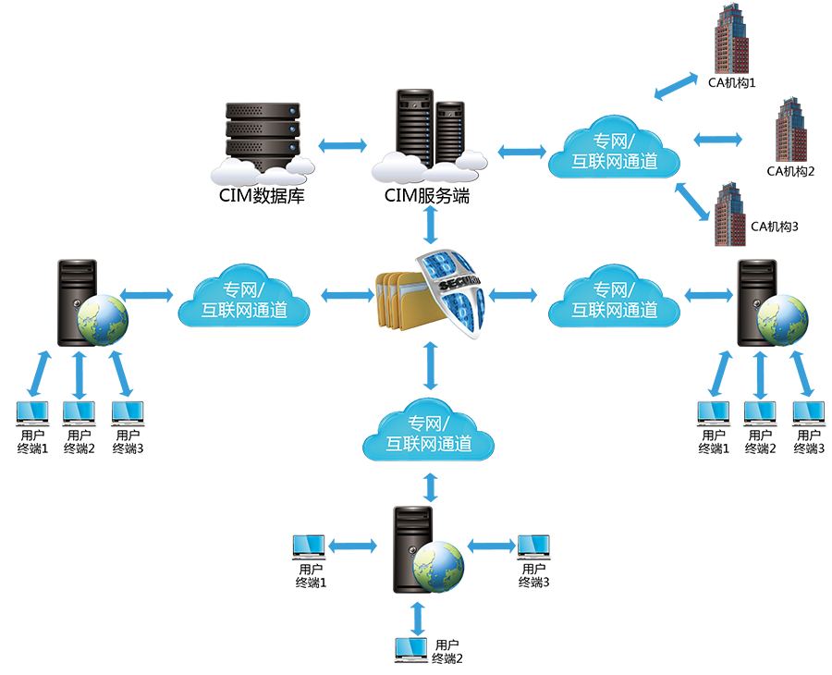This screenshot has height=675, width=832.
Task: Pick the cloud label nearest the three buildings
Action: (x=614, y=151)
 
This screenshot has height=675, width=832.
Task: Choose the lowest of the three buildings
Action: (x=730, y=213)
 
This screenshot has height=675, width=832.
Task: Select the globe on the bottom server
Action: (x=437, y=566)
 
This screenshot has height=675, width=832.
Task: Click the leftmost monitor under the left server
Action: (x=33, y=411)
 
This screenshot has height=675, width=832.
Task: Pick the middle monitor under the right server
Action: (x=760, y=411)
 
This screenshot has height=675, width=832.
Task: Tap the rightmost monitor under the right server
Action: (x=809, y=411)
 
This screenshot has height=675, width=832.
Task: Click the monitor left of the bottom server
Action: (x=310, y=546)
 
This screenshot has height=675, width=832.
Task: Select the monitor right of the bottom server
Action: (x=533, y=546)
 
